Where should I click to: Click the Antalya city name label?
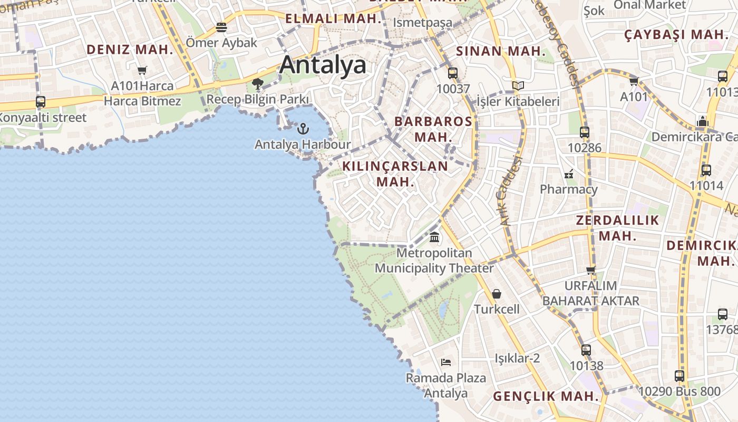click(323, 65)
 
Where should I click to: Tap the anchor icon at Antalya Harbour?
click(303, 128)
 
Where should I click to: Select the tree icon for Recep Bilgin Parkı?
click(258, 83)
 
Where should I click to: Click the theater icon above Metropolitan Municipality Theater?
click(434, 237)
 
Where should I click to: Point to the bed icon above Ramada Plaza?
click(446, 362)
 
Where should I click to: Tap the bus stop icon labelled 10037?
click(452, 73)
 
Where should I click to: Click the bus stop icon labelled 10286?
click(584, 132)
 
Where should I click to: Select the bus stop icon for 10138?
click(586, 350)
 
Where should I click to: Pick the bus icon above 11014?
click(706, 170)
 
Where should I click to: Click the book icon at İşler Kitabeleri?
click(518, 85)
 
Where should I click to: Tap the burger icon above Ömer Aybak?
click(221, 27)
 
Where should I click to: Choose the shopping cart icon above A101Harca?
click(142, 70)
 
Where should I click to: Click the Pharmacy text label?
click(569, 189)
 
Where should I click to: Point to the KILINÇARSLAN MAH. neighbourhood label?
click(395, 174)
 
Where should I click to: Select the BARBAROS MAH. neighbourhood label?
click(433, 129)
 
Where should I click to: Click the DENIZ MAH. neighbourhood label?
click(130, 50)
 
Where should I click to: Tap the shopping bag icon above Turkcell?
click(497, 294)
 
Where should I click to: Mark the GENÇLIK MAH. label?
click(546, 396)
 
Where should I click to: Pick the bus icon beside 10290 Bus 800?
click(679, 376)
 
